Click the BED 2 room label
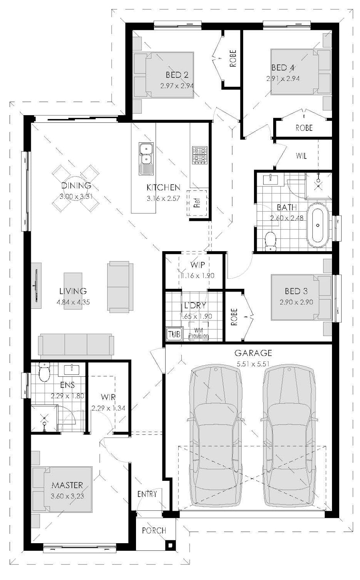click(x=177, y=75)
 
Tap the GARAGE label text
click(x=253, y=353)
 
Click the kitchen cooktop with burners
click(x=200, y=155)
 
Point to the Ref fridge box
click(x=197, y=203)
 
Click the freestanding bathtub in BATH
click(x=318, y=225)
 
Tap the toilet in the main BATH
click(x=271, y=241)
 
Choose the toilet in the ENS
click(x=44, y=372)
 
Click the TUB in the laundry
click(x=174, y=334)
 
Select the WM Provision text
click(x=198, y=334)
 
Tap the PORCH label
click(x=154, y=530)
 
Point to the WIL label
click(x=301, y=156)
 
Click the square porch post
click(x=170, y=545)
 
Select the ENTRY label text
click(x=147, y=494)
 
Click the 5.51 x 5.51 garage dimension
click(x=253, y=364)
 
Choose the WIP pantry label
click(x=198, y=265)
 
